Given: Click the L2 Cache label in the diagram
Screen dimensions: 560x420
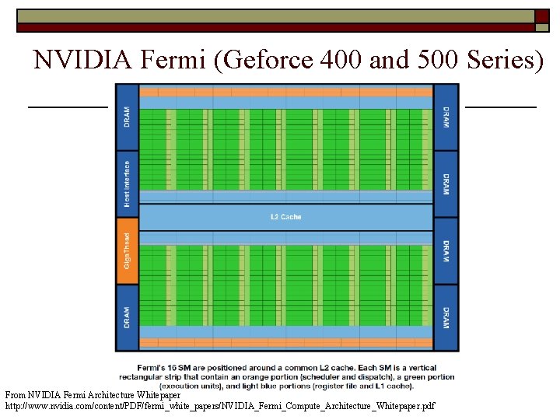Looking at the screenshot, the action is (285, 217).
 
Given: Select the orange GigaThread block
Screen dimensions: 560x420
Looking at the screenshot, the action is (127, 251).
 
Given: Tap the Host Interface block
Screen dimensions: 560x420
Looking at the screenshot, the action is (127, 184).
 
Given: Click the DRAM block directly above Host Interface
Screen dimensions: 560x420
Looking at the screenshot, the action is (127, 117).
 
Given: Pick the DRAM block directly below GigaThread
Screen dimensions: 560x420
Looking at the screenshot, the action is (127, 317).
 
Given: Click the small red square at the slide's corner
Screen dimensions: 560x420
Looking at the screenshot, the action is (541, 16).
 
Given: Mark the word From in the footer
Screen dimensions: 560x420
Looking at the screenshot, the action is (15, 395).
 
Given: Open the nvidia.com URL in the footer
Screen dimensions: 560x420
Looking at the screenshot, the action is (220, 406).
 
